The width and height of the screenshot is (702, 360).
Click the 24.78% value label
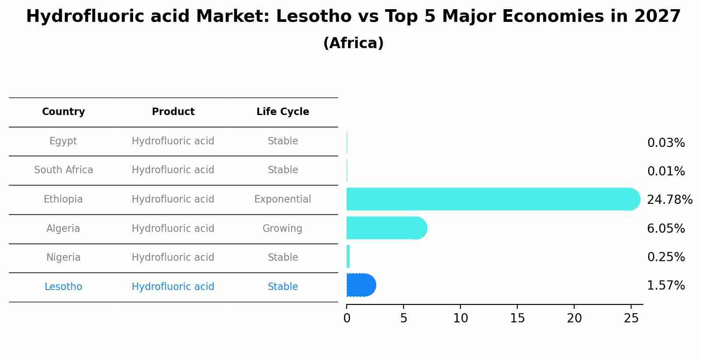669,200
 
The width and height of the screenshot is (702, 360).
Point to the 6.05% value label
666,228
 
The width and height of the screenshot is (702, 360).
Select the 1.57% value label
666,286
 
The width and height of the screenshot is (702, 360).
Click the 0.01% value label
666,171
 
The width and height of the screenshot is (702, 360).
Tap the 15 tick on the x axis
517,318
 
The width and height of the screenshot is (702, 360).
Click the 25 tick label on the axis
631,318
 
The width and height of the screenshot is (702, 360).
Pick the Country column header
63,112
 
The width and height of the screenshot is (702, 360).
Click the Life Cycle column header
283,112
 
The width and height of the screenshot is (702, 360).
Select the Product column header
173,112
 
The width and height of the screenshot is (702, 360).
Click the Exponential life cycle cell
282,199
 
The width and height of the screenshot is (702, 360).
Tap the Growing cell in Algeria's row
282,228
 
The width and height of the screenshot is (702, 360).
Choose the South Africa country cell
63,170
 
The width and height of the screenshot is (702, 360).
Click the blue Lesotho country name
63,287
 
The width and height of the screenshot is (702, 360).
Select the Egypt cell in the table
63,141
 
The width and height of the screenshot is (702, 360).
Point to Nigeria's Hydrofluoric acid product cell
173,258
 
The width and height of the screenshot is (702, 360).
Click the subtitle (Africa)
353,43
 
